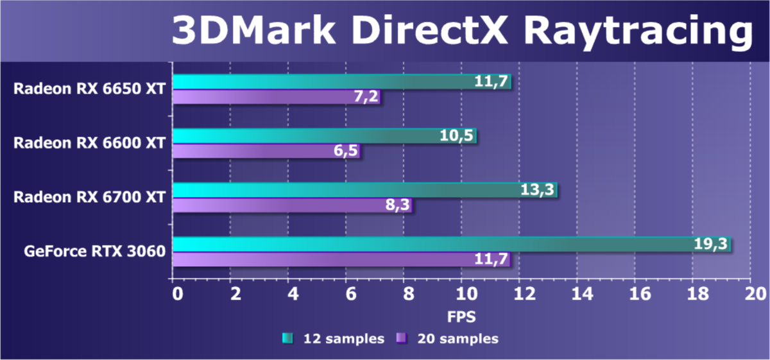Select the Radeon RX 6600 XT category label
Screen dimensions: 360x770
[89, 142]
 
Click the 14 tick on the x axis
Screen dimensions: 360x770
[576, 293]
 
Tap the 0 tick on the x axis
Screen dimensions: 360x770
[177, 293]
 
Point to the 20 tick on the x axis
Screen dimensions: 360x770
[749, 293]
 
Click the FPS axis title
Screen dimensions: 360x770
[461, 316]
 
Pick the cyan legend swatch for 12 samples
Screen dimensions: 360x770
[287, 338]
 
